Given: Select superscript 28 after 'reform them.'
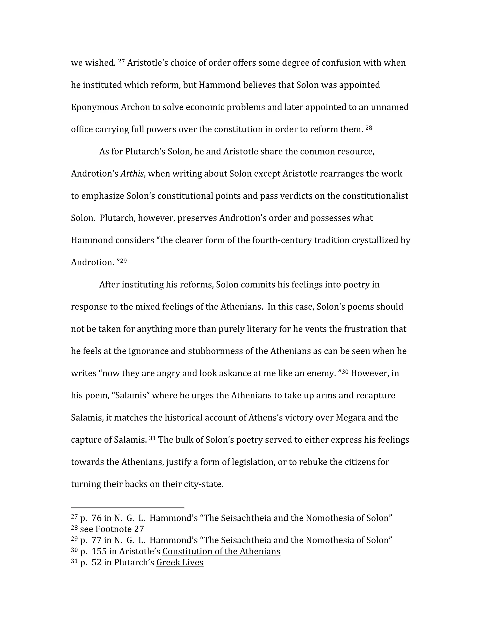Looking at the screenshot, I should pyautogui.click(x=369, y=127).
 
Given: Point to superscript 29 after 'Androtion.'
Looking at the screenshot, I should pyautogui.click(x=123, y=261).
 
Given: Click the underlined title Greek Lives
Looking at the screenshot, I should pyautogui.click(x=180, y=562).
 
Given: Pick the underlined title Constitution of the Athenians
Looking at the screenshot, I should pyautogui.click(x=221, y=551).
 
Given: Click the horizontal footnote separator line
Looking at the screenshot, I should pyautogui.click(x=127, y=508).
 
